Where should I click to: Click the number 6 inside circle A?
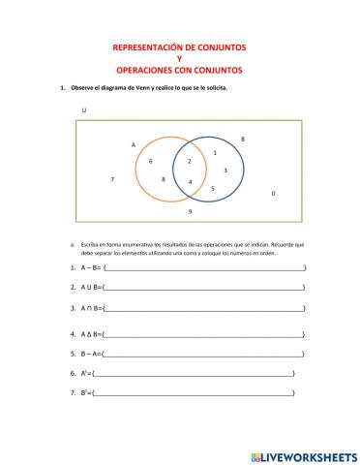[x=150, y=161]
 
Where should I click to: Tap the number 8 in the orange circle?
[x=164, y=179]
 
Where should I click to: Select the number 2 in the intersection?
[x=190, y=161]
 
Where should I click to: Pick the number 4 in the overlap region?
[x=191, y=182]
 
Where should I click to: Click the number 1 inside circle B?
[x=214, y=152]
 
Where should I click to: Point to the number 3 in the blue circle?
[x=225, y=170]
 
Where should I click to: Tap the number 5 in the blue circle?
[x=212, y=187]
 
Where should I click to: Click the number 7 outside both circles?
[x=113, y=179]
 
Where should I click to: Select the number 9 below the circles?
[x=190, y=210]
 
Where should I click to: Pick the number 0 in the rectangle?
[x=273, y=194]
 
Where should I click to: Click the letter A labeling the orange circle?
[x=134, y=144]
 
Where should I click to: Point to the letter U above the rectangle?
[x=84, y=109]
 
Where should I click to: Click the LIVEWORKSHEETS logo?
[x=304, y=454]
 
